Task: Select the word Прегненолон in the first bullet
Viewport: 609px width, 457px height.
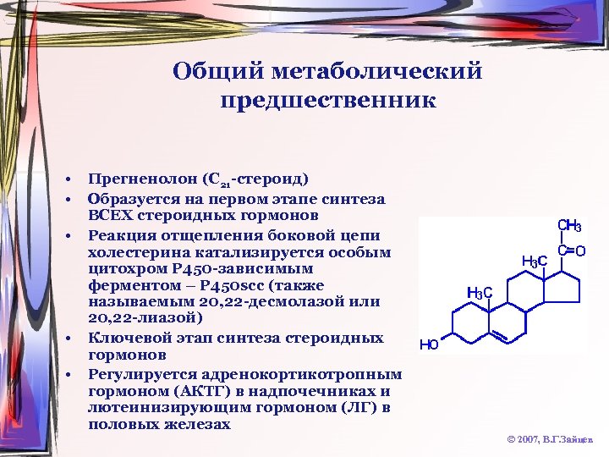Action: (142, 179)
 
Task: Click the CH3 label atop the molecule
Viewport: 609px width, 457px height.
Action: (568, 226)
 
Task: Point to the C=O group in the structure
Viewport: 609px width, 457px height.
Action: (571, 251)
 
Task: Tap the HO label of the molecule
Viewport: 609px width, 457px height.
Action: (429, 344)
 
